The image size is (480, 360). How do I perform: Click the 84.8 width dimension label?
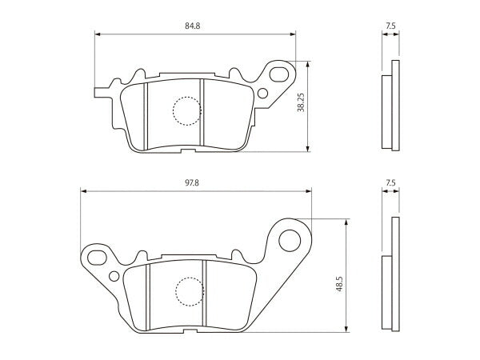tap(192, 26)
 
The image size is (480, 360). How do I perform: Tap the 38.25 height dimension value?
tap(302, 102)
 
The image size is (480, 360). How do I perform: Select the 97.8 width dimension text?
tap(192, 182)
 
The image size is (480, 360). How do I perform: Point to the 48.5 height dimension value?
tap(339, 283)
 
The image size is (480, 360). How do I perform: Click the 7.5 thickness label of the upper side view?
tap(390, 26)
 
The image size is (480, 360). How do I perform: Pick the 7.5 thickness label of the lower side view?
tap(390, 182)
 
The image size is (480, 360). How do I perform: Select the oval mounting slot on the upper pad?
tap(279, 74)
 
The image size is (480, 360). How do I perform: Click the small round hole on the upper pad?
tap(262, 93)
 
